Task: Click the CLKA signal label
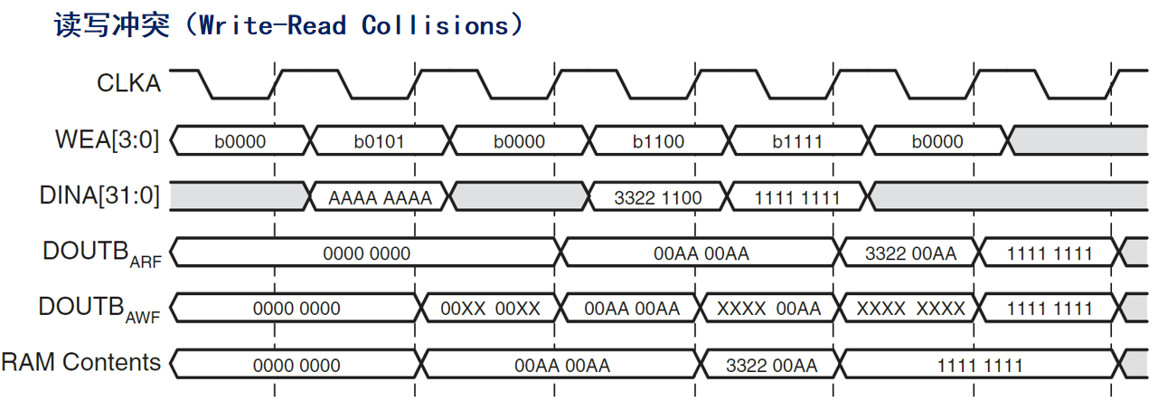(128, 83)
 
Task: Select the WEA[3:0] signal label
(108, 140)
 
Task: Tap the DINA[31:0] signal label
(100, 196)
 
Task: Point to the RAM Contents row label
(81, 363)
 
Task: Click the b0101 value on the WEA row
(379, 141)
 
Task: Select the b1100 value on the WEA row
(659, 141)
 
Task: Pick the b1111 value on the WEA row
(798, 141)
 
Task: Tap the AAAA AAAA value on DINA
(381, 197)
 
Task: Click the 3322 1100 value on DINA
(657, 197)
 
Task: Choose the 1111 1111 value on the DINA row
(796, 197)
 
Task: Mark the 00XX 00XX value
(490, 309)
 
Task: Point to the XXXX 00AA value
(769, 309)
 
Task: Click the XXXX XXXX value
(910, 309)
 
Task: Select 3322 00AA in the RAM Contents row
(771, 366)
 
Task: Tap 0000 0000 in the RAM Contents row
(297, 366)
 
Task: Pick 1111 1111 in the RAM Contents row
(979, 366)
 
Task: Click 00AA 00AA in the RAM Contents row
(562, 366)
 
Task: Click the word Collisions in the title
(435, 25)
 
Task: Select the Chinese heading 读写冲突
(112, 25)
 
